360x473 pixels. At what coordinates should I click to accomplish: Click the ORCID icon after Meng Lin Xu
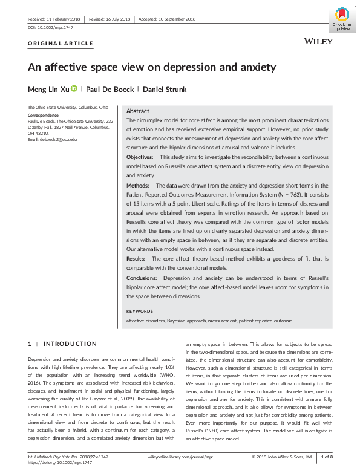click(74, 89)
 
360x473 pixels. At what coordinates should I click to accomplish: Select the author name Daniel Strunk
click(165, 90)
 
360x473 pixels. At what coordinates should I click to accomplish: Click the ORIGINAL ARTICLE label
click(61, 44)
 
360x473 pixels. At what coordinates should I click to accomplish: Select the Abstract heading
click(138, 112)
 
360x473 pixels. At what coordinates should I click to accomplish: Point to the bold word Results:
click(137, 259)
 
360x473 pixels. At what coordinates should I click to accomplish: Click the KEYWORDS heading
click(140, 311)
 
